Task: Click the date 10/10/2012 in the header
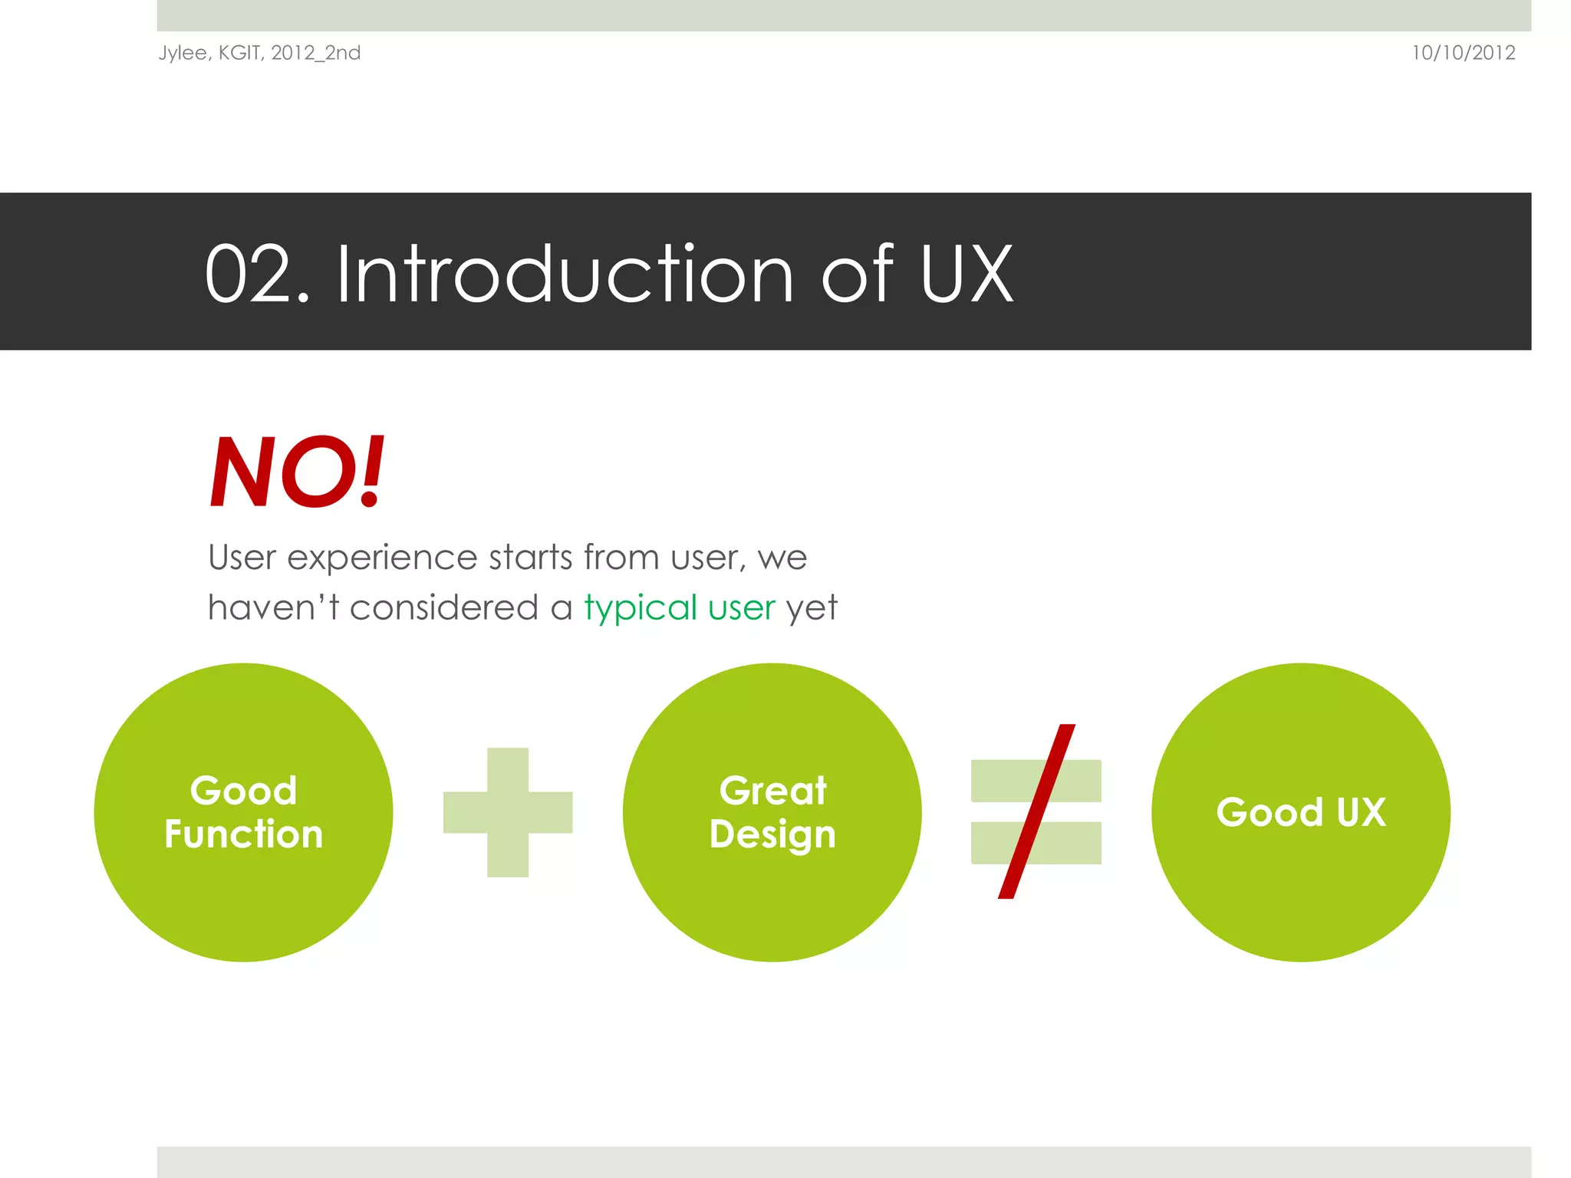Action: (x=1463, y=53)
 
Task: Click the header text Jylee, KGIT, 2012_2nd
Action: (x=259, y=53)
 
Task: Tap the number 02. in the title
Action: (x=257, y=275)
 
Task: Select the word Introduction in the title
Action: (x=565, y=275)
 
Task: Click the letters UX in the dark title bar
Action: (x=966, y=275)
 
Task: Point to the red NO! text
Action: (x=297, y=472)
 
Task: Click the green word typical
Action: (x=641, y=608)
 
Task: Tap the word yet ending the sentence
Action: (x=811, y=608)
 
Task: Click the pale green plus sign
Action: (x=508, y=812)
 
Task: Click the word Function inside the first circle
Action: (x=243, y=834)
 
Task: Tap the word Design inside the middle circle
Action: (x=772, y=834)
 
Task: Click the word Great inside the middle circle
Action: (x=772, y=791)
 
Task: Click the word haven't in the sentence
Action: (x=273, y=608)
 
